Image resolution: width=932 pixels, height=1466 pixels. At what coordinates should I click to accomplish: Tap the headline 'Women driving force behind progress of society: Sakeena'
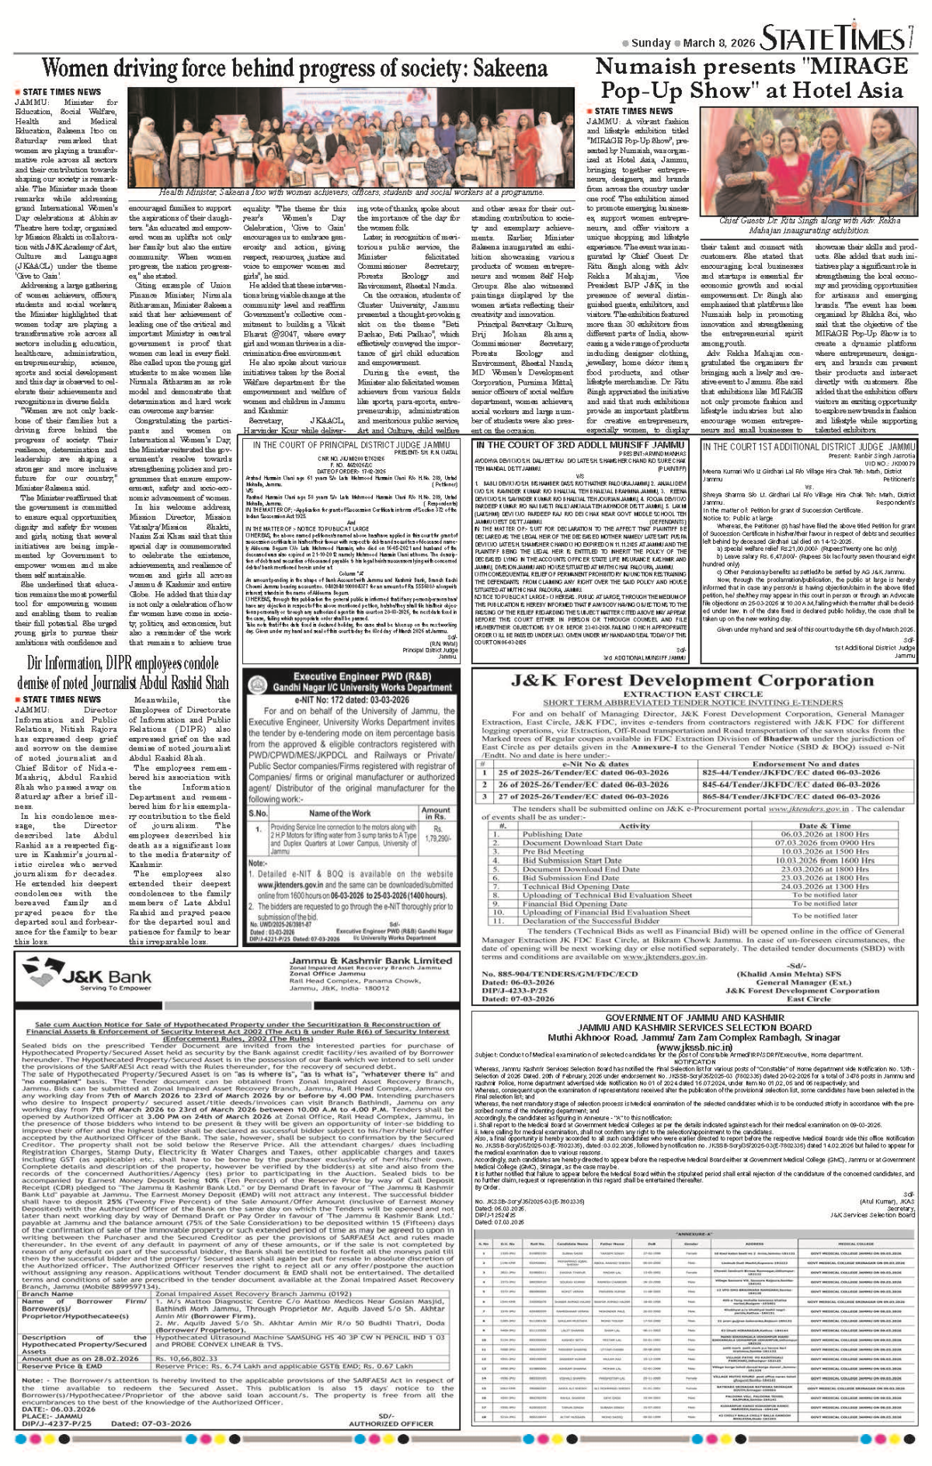[294, 70]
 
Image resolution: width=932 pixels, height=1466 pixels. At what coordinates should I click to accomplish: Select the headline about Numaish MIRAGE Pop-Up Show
[751, 78]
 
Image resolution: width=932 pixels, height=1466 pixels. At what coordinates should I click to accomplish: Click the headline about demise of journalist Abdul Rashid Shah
[123, 673]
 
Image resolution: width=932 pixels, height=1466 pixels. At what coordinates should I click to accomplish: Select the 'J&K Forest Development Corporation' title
[692, 681]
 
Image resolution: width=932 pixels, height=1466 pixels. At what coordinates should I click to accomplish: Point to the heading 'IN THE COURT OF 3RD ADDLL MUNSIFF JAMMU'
[580, 445]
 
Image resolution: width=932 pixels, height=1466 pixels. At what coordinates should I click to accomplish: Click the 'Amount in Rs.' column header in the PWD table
[436, 813]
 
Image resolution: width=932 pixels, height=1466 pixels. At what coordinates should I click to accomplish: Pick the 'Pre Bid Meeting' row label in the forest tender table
[553, 851]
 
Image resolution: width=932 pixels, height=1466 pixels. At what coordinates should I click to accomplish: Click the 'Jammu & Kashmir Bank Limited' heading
[370, 960]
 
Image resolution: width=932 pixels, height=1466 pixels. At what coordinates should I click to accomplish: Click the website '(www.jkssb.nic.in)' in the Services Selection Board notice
[694, 1047]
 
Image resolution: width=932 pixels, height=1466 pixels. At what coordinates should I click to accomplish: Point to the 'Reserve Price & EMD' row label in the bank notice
[62, 1365]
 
